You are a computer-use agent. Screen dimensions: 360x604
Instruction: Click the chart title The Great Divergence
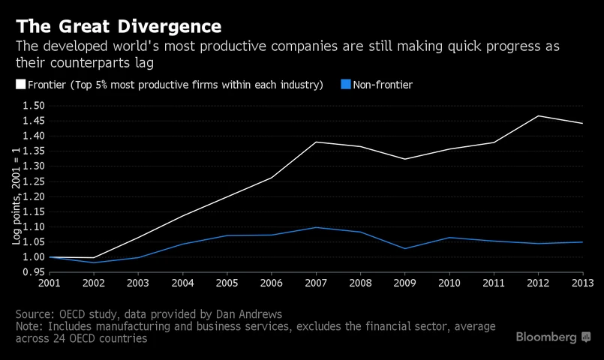click(x=119, y=26)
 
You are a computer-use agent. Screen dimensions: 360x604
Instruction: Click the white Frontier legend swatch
click(x=20, y=85)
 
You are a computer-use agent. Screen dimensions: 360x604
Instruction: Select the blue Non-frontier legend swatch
click(x=345, y=85)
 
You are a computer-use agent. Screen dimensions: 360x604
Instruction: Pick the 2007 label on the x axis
click(x=317, y=283)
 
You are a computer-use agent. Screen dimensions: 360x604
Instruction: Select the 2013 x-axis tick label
click(x=581, y=283)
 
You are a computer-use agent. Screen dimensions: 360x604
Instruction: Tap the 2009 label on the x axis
click(x=405, y=283)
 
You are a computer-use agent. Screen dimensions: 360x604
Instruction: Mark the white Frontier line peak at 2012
click(x=539, y=115)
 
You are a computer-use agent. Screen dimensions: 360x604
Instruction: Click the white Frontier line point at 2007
click(x=317, y=142)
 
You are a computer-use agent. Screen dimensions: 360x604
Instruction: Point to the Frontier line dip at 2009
click(x=405, y=159)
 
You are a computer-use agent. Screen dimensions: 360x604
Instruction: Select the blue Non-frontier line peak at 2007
click(x=317, y=227)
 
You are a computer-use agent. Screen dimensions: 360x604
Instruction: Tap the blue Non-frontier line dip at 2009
click(x=405, y=248)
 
